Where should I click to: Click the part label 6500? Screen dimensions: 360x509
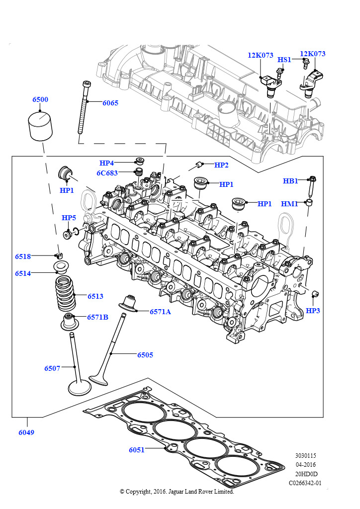coord(40,99)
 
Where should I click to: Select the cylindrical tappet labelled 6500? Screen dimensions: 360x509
coord(40,126)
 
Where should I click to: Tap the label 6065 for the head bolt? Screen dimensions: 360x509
coord(110,103)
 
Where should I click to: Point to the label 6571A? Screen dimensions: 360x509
coord(160,312)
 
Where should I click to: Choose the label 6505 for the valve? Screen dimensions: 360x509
coord(145,355)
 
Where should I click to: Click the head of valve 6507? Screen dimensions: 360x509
coord(80,388)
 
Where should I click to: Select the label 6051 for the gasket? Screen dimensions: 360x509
coord(137,450)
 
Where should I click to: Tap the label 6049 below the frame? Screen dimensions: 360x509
coord(26,432)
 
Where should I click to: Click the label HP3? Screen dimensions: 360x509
coord(313,311)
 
